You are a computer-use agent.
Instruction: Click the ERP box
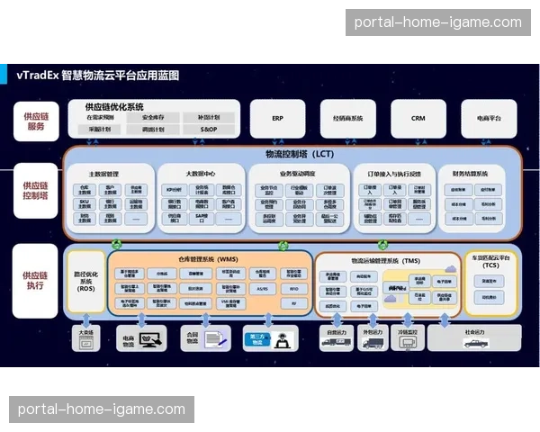pos(277,118)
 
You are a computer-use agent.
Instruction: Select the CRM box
pos(418,118)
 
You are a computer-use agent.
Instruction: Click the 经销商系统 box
pos(348,118)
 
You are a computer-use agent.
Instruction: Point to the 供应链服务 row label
pos(35,120)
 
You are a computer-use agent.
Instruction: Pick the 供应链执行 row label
pos(35,280)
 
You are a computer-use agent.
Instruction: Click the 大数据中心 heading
pos(200,173)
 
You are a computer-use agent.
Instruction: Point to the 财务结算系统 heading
pos(470,173)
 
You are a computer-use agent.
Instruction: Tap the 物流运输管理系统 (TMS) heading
pos(385,260)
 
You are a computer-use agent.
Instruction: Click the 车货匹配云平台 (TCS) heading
pos(490,262)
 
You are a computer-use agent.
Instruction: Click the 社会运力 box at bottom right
pos(473,337)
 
